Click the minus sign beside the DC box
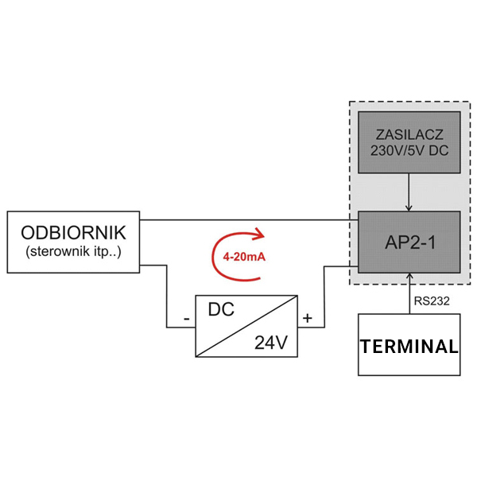[x=186, y=320]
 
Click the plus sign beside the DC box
[x=308, y=319]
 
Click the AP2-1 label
[x=409, y=242]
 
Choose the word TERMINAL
[x=409, y=347]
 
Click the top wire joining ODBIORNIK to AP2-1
[x=246, y=219]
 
